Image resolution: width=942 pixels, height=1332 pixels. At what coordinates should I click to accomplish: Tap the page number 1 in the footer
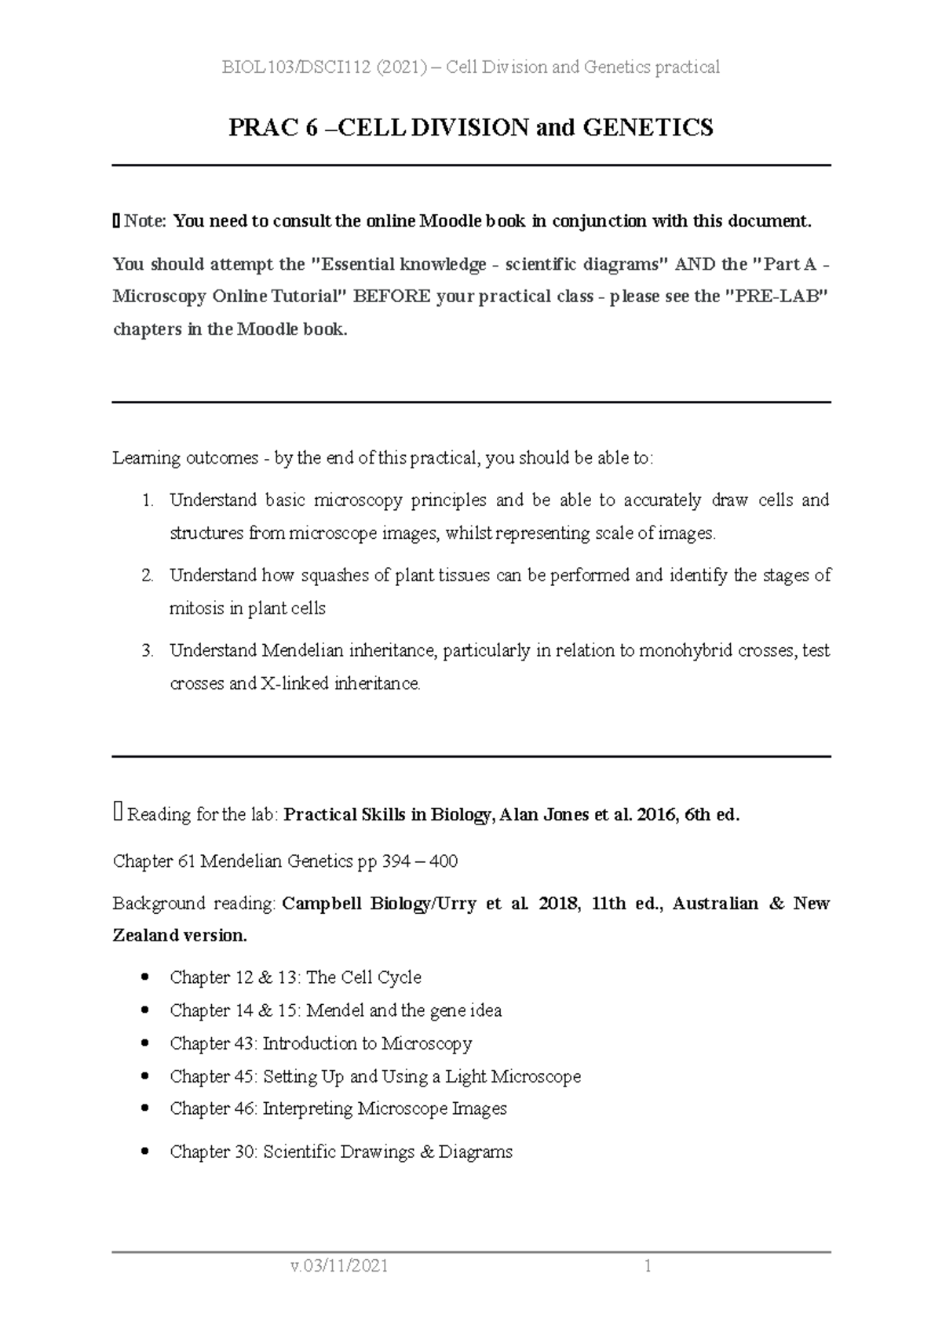[648, 1266]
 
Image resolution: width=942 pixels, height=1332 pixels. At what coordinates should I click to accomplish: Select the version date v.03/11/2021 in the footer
[339, 1266]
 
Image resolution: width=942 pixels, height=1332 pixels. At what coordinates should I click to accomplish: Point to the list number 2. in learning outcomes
[148, 576]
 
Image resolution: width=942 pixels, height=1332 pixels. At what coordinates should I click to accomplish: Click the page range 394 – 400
[419, 861]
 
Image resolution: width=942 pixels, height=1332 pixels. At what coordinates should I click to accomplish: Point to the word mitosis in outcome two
[193, 609]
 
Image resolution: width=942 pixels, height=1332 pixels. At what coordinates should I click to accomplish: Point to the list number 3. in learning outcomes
[148, 651]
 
